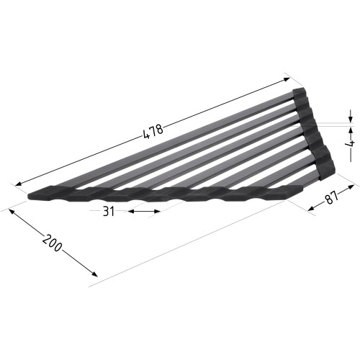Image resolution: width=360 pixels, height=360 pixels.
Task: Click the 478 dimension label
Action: click(x=153, y=132)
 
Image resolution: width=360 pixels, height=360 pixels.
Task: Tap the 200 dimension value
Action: click(x=52, y=243)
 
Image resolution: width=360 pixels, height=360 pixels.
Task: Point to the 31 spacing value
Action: click(x=109, y=212)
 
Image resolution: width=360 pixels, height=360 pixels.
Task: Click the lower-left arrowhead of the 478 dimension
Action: click(x=19, y=184)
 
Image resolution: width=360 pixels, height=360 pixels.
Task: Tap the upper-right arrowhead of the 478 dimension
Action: click(x=287, y=79)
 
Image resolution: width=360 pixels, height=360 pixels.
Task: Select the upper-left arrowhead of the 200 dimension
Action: click(x=12, y=212)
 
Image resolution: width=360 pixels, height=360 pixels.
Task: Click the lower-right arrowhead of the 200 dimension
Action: click(x=94, y=274)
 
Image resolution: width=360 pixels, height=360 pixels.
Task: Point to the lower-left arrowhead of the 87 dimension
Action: click(x=311, y=209)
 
